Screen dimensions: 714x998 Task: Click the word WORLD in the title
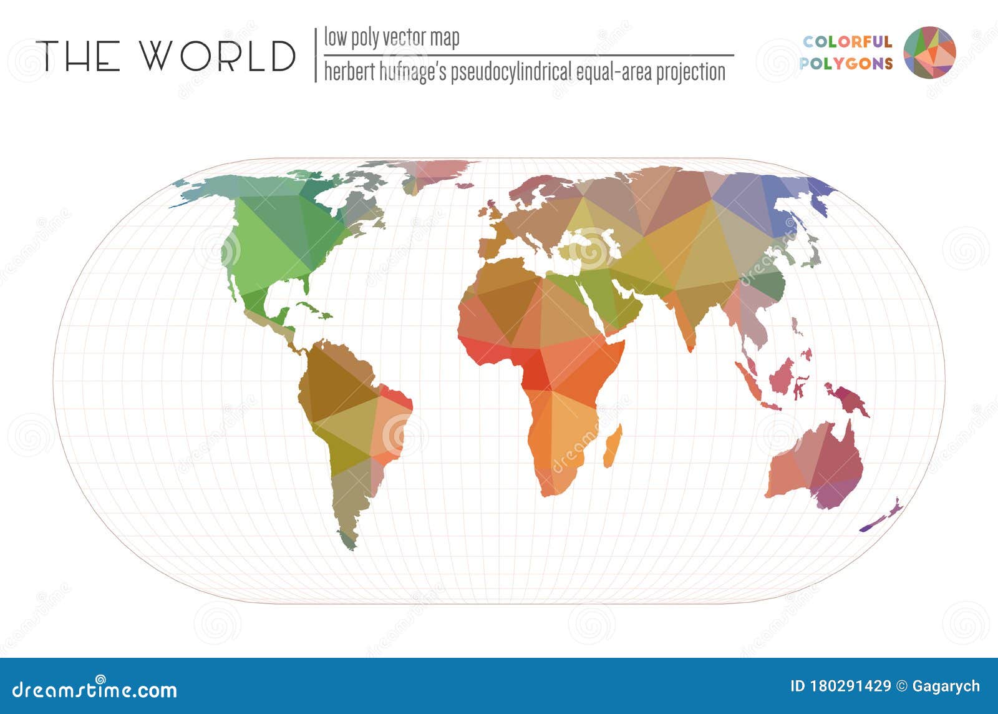[x=218, y=56]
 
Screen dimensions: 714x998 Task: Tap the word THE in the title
[x=78, y=56]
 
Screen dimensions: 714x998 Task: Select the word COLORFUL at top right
[x=847, y=42]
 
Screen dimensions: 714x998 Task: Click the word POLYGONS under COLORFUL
[x=846, y=63]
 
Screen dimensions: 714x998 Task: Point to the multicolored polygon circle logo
[x=929, y=52]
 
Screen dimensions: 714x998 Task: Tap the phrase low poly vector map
[x=391, y=37]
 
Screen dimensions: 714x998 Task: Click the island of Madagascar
[x=613, y=446]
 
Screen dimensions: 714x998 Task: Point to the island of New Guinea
[x=846, y=400]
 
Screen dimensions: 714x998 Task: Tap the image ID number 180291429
[x=850, y=687]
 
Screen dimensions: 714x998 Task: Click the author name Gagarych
[x=946, y=687]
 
